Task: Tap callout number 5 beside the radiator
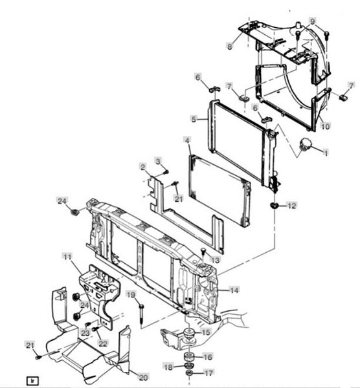194,119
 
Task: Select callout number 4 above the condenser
187,140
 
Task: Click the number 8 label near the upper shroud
230,47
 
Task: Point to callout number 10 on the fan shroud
325,126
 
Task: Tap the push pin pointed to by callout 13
203,251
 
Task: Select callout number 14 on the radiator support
234,290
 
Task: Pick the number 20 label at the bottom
143,377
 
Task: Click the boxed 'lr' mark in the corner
32,381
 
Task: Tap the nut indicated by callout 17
189,373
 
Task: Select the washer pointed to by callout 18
189,365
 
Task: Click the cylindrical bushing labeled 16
189,357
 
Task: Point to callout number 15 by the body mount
206,332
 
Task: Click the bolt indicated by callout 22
95,329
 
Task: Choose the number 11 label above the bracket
67,257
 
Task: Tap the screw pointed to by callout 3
166,171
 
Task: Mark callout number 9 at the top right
313,21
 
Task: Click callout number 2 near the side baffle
142,167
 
